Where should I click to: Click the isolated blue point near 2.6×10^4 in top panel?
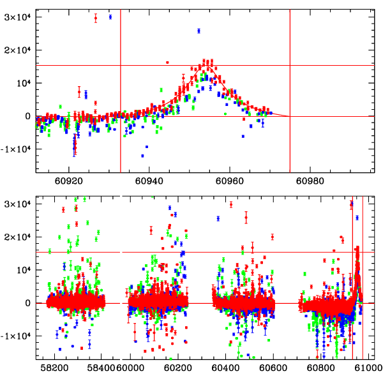click(x=199, y=31)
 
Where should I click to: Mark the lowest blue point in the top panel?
click(x=142, y=156)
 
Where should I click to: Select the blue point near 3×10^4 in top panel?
click(x=110, y=17)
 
